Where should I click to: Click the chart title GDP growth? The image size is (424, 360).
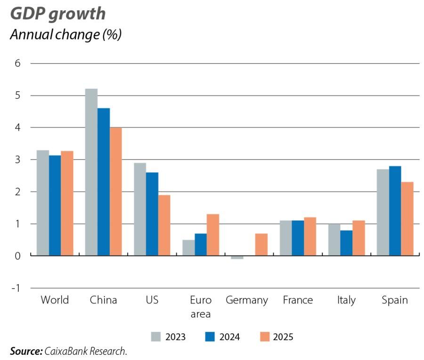(57, 14)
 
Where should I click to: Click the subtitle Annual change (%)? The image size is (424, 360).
(65, 35)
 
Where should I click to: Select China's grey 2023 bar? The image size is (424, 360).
(91, 172)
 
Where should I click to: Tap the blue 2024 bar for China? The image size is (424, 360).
(103, 182)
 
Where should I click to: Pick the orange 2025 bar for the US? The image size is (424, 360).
(164, 225)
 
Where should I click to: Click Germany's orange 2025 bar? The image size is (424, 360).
(261, 244)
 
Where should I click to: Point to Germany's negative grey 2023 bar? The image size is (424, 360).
(237, 257)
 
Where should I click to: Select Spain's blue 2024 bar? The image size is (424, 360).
(395, 210)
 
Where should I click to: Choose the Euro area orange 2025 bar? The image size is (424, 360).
(213, 234)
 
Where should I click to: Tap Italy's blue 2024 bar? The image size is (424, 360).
(346, 242)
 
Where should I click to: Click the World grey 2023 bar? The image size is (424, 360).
(42, 202)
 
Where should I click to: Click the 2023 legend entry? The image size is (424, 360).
(169, 337)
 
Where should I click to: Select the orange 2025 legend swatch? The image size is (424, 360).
(266, 337)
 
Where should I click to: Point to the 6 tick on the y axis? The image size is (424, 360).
(18, 63)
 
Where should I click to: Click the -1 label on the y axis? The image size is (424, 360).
(16, 288)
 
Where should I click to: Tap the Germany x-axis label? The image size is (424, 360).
(247, 300)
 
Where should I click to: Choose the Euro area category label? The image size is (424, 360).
(201, 306)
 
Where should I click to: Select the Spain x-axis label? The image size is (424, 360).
(395, 300)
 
